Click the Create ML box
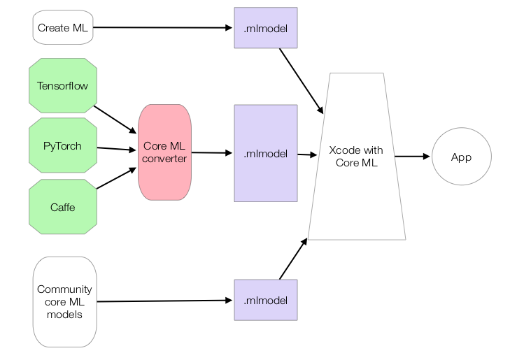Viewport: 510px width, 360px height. (63, 28)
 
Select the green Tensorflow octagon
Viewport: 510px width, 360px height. (63, 86)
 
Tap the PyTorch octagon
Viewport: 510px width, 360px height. (63, 146)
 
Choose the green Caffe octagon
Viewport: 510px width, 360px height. (63, 207)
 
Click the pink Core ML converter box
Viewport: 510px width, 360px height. (164, 152)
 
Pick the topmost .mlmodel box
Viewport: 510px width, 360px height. (266, 28)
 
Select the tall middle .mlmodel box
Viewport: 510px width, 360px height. (266, 154)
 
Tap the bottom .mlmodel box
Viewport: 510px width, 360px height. (266, 301)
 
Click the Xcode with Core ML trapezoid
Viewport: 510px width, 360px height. (356, 157)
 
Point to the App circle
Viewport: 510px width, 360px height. (461, 157)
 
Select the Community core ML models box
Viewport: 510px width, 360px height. (64, 301)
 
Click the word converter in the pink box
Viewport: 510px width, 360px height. (164, 159)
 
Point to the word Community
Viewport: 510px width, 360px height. (64, 289)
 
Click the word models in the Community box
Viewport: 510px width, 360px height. (64, 314)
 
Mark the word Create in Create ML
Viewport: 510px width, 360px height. (54, 28)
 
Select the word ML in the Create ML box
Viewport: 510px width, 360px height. (80, 28)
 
